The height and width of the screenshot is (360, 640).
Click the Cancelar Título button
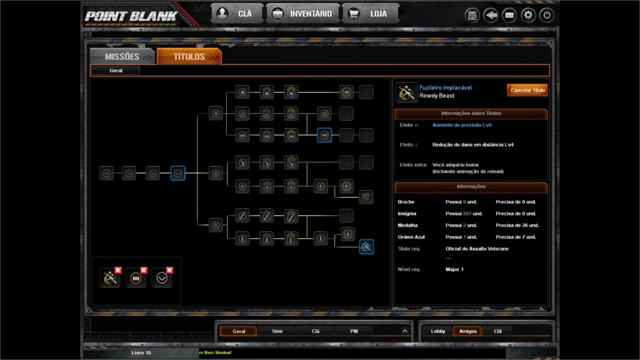coord(527,90)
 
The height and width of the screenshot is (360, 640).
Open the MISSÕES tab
coord(123,56)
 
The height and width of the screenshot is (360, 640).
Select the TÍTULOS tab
coord(189,56)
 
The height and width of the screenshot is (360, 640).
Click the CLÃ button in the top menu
coord(237,13)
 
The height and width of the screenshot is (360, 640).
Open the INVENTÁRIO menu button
coord(303,13)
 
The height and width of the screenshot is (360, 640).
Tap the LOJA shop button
coord(370,13)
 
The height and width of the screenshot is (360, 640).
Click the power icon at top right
coord(547,15)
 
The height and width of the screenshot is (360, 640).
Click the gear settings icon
coord(528,15)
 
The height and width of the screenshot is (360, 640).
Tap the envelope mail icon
coord(509,15)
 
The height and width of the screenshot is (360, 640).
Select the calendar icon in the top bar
coord(472,15)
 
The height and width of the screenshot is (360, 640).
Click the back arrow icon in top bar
coord(491,15)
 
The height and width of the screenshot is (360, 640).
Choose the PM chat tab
coord(354,331)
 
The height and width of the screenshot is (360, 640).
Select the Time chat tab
coord(277,331)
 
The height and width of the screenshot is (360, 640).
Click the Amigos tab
coord(468,331)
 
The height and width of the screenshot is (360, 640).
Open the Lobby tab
coord(438,331)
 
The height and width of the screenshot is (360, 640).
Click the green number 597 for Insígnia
coord(467,213)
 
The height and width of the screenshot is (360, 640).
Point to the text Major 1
coord(454,269)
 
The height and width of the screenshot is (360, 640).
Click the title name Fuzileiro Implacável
coord(445,88)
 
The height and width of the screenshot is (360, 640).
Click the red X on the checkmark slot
coord(170,270)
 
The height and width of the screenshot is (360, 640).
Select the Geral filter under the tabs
coord(116,70)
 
